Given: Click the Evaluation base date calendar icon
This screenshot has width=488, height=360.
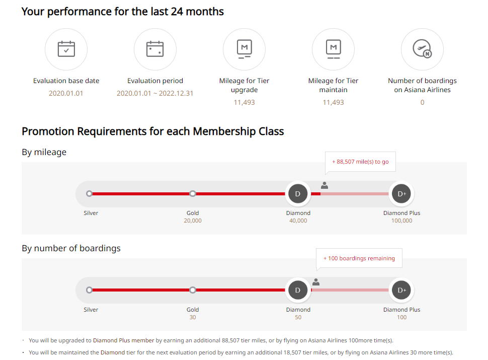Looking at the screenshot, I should point(66,49).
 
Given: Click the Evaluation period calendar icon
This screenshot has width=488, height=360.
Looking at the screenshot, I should point(155,49).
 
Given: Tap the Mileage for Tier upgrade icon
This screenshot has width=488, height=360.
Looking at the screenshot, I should point(244,49).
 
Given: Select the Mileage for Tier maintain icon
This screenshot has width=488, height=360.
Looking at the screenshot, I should point(333,49).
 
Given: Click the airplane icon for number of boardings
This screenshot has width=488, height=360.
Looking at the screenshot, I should point(422,49).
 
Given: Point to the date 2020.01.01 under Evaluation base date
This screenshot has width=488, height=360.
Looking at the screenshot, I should point(66,93).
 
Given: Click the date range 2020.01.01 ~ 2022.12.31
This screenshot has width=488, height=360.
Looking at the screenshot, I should point(155,93).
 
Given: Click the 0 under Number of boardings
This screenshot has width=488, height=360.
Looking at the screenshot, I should point(422,102).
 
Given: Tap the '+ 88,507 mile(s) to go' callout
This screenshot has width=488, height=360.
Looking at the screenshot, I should point(360,162).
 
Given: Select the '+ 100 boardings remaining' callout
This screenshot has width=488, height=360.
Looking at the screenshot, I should point(359,258).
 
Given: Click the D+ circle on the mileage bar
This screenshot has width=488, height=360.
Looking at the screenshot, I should point(401,194).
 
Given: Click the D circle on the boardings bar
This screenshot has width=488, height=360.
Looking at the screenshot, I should point(298,290).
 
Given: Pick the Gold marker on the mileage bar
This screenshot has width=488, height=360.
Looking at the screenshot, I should point(193,194).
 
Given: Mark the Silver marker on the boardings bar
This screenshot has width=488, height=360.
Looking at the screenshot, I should point(90,290).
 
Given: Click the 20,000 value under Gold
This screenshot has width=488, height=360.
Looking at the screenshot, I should point(193,221).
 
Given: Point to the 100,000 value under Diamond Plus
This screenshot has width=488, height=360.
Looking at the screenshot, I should point(401,221).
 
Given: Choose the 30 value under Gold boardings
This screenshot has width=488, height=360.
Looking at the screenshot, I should point(193,317).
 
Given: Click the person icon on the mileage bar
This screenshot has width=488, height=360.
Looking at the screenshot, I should point(324,185).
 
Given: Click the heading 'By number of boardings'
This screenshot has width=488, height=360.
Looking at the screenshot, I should point(71,248).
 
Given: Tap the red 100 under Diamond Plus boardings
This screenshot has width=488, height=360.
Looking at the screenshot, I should point(401,317).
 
